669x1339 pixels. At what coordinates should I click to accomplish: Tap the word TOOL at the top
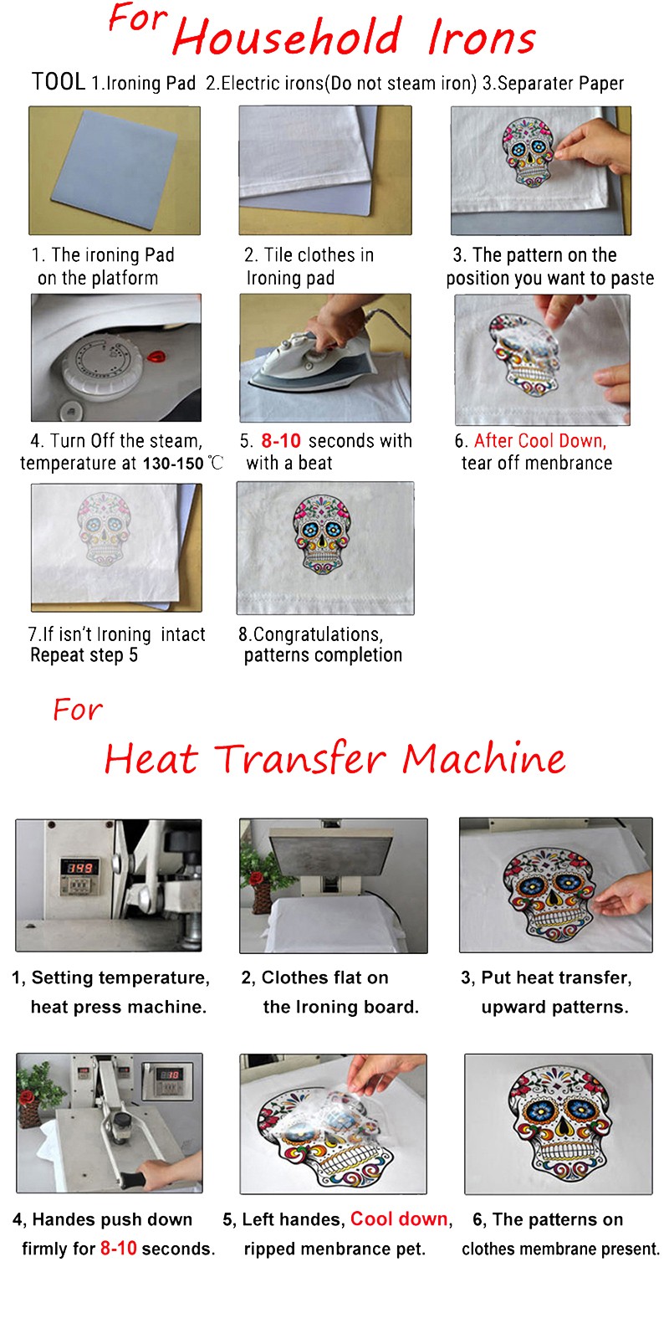point(59,82)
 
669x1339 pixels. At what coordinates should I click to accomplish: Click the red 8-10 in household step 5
point(281,440)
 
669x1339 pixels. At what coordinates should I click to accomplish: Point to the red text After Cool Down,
point(540,440)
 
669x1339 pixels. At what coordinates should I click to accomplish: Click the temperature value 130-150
point(173,464)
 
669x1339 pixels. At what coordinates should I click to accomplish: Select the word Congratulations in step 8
point(318,634)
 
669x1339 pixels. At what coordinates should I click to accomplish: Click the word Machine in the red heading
point(484,758)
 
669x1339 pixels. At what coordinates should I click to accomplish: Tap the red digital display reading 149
point(79,867)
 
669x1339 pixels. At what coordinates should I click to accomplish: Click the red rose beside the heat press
point(257,878)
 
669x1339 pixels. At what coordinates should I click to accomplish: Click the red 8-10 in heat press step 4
point(118,1248)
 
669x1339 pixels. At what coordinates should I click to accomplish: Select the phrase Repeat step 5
point(84,655)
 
